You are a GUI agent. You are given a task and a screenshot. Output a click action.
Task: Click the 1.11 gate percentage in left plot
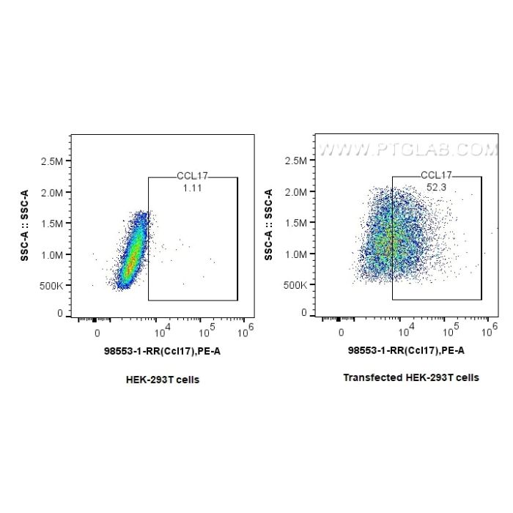[193, 188]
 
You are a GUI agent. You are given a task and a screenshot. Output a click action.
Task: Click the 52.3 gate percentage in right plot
[436, 188]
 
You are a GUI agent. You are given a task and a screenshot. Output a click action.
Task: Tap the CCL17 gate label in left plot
[193, 177]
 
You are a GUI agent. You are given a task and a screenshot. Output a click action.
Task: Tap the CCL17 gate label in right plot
[436, 176]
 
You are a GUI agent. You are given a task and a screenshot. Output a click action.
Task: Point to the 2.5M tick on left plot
[56, 160]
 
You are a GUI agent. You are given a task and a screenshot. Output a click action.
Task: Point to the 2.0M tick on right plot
[300, 192]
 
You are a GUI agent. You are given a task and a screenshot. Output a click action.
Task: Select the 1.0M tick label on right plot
[300, 254]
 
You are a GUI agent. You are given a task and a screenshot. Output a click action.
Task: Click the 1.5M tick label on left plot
[56, 223]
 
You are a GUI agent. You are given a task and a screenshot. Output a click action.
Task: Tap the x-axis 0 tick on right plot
[341, 332]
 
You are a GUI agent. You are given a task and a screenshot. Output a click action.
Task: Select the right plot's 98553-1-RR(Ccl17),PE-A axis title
[405, 351]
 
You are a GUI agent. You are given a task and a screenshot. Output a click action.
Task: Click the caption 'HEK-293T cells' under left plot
[163, 380]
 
